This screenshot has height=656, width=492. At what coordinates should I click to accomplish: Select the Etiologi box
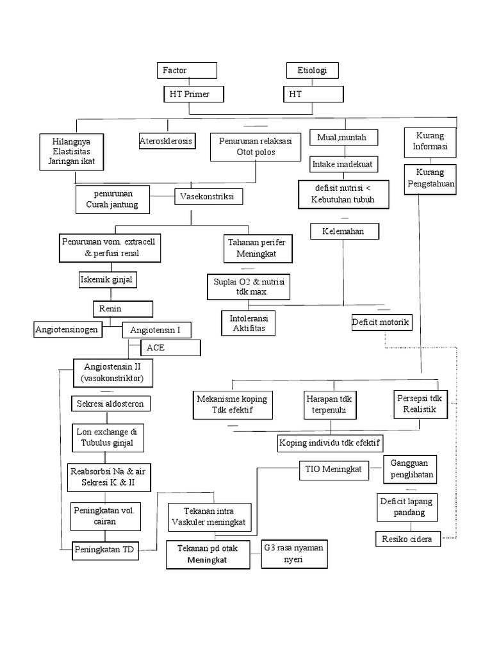[312, 70]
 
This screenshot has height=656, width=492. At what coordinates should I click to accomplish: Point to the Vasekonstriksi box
[209, 197]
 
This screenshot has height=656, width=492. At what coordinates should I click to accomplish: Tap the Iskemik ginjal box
[104, 280]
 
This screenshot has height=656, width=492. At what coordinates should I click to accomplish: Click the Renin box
[123, 309]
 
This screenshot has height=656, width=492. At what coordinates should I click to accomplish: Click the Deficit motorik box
[381, 322]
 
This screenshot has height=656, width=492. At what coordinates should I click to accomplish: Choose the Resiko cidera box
[408, 539]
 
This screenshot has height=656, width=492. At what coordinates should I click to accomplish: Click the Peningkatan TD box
[105, 549]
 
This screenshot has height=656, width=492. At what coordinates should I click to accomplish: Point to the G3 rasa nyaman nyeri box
[295, 553]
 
